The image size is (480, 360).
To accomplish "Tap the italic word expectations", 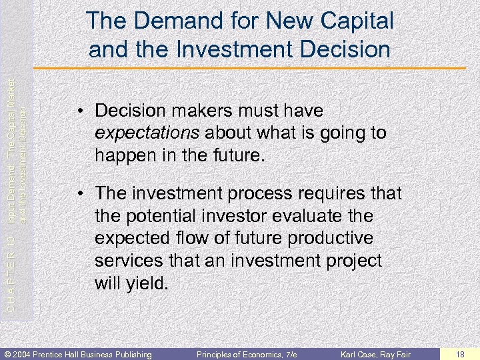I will [x=147, y=133].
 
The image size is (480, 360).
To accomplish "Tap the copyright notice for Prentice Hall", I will [x=79, y=353].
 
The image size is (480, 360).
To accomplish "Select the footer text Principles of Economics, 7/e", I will [x=247, y=353].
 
